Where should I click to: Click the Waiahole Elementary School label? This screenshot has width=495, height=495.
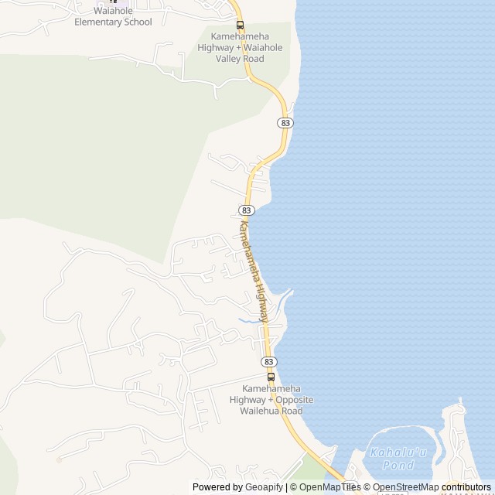[x=113, y=16]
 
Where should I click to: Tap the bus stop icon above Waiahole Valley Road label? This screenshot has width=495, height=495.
[x=240, y=25]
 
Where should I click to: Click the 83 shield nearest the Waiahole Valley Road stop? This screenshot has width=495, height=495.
[x=285, y=123]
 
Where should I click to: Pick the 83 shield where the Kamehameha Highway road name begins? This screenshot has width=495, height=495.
[x=247, y=210]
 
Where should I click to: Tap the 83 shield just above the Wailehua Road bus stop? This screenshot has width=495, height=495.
[x=268, y=361]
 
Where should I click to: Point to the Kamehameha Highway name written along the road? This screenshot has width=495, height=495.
[x=256, y=271]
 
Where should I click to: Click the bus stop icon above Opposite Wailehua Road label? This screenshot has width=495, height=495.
[x=271, y=377]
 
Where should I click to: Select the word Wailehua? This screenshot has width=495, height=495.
[x=261, y=411]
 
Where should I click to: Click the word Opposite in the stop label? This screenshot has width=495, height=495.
[x=295, y=399]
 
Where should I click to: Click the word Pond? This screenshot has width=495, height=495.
[x=398, y=466]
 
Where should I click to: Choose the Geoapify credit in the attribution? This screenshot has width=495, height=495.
[x=264, y=487]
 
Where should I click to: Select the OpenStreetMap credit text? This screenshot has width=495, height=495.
[x=406, y=487]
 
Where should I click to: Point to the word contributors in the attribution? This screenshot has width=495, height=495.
[x=466, y=487]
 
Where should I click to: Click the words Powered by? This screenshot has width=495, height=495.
[x=217, y=487]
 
